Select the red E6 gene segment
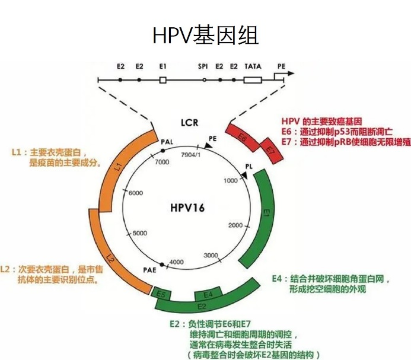pos(242,139)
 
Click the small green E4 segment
pos(208,293)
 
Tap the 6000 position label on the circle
pos(136,193)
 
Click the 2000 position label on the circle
pos(236,225)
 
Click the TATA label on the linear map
pos(253,66)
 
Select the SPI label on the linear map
pos(203,66)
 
